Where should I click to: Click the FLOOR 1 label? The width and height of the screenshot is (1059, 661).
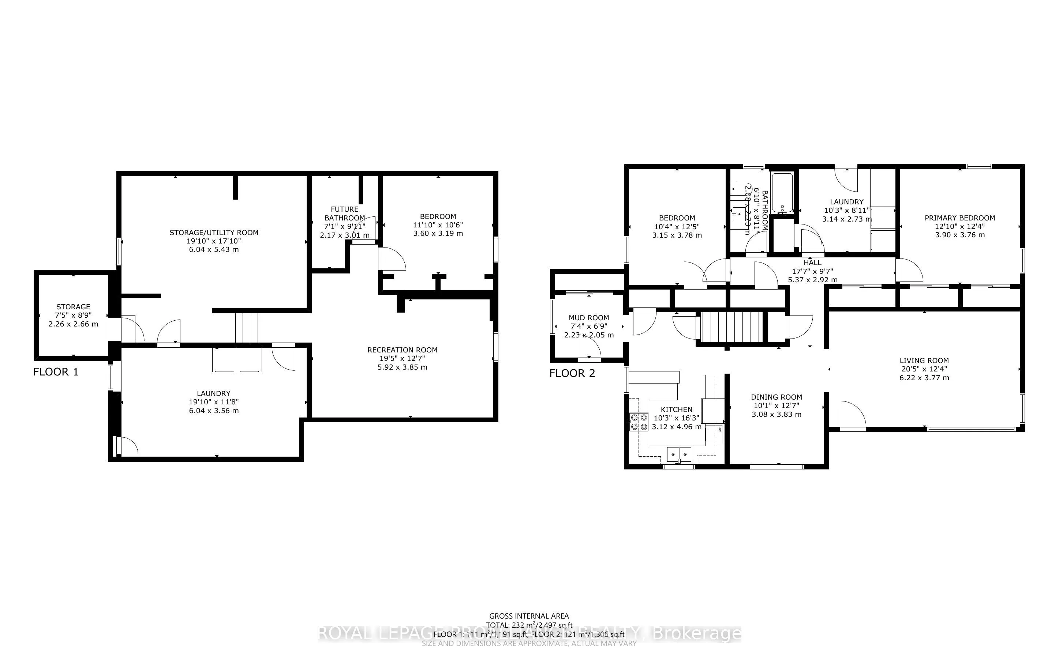pos(56,372)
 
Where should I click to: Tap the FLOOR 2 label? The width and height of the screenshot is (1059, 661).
pos(572,373)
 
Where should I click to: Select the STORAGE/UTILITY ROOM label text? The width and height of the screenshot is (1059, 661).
pos(214,233)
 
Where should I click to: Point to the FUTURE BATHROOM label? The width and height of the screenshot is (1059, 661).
pos(345,214)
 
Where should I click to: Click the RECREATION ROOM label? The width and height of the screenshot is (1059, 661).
pos(403,350)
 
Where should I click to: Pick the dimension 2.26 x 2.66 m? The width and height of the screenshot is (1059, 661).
pos(73,324)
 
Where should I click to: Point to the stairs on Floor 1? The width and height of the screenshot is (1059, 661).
pos(247,328)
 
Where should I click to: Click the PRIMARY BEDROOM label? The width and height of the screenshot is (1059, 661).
pos(960,218)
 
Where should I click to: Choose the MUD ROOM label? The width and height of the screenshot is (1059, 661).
pos(589,318)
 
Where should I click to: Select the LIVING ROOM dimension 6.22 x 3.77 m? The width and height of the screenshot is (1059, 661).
pos(924,378)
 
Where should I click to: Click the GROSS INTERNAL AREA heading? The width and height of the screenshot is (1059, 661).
pos(529,616)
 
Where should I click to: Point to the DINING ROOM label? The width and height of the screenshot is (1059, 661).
pos(777,397)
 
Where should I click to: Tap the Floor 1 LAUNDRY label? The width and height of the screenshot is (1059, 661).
pos(213,393)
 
